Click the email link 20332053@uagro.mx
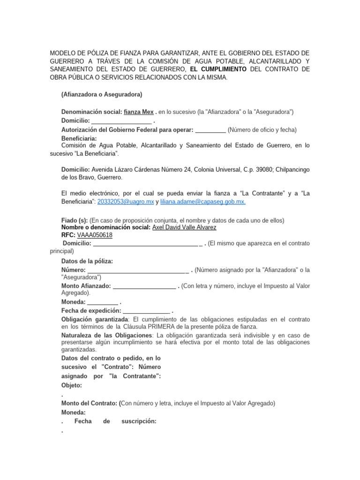126,201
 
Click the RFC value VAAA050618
95,235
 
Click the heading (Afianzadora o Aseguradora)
102,94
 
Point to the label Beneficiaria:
79,139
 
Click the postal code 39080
255,169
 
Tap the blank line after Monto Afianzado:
144,286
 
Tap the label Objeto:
72,385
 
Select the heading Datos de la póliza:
87,261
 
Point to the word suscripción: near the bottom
139,421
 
